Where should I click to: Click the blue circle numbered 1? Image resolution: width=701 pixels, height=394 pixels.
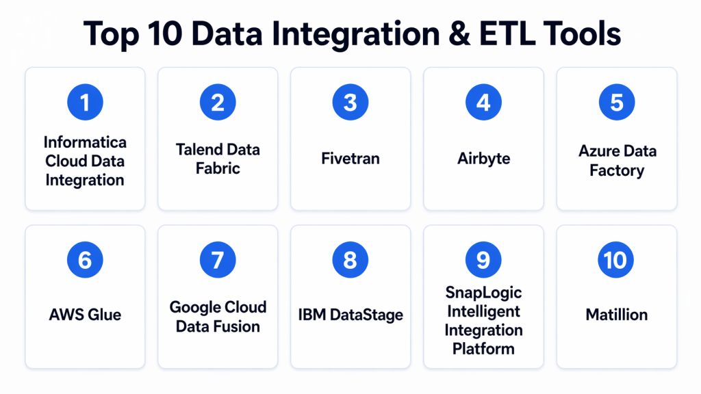pyautogui.click(x=85, y=103)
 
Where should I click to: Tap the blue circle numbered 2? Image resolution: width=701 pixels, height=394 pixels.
pyautogui.click(x=218, y=103)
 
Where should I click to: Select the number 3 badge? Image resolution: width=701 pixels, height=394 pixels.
pyautogui.click(x=350, y=103)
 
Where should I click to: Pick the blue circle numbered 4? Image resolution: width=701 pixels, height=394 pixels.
pyautogui.click(x=483, y=103)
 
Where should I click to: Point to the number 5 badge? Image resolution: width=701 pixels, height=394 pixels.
pyautogui.click(x=617, y=103)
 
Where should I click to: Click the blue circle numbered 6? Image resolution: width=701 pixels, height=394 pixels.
pyautogui.click(x=85, y=259)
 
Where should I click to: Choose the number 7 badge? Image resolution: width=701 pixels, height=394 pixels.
pyautogui.click(x=218, y=259)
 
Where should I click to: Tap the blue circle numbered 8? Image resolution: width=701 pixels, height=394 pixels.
pyautogui.click(x=350, y=259)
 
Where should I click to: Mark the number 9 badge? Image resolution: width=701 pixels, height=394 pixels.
pyautogui.click(x=483, y=259)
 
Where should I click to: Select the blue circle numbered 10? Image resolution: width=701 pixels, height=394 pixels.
pyautogui.click(x=615, y=259)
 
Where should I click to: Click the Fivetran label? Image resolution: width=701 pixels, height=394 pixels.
pyautogui.click(x=350, y=159)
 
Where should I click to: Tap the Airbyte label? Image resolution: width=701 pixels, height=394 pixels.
pyautogui.click(x=484, y=159)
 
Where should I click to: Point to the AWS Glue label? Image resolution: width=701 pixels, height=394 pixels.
pyautogui.click(x=85, y=315)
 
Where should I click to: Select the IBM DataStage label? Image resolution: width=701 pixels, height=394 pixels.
pyautogui.click(x=350, y=315)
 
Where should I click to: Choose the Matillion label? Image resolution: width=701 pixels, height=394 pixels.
pyautogui.click(x=617, y=315)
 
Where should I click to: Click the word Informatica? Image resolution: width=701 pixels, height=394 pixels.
pyautogui.click(x=85, y=142)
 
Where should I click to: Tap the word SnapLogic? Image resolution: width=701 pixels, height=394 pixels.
pyautogui.click(x=484, y=293)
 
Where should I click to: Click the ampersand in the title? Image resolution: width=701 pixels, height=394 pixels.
pyautogui.click(x=459, y=34)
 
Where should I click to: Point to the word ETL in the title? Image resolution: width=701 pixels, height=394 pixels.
pyautogui.click(x=507, y=34)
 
